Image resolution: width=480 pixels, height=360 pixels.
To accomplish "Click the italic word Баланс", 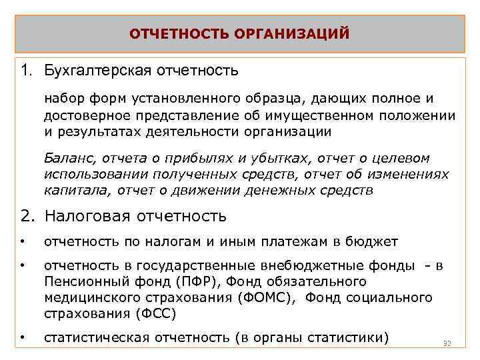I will [x=65, y=159].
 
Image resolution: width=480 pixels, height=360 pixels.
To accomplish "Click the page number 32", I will [x=447, y=343].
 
